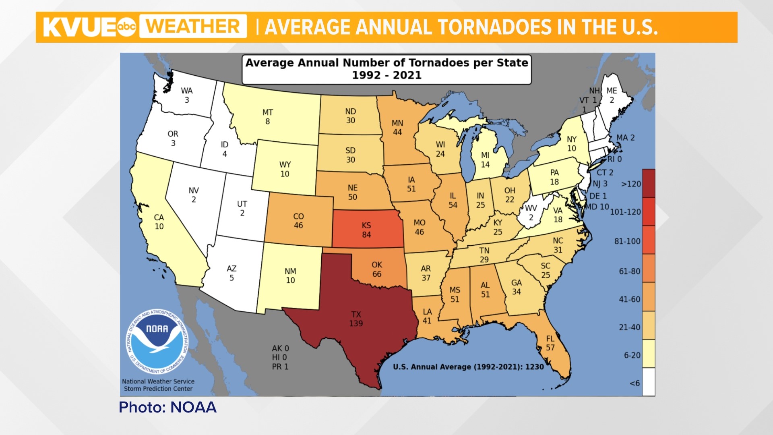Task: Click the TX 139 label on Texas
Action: (356, 319)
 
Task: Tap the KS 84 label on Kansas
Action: (366, 230)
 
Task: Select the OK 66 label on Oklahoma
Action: (376, 269)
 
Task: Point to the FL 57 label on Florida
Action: (550, 343)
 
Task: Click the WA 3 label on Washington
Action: (186, 95)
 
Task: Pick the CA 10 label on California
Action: (159, 222)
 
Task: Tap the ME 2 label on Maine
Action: (612, 95)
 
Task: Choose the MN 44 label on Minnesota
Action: (397, 128)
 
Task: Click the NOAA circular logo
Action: (157, 342)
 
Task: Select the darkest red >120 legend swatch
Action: (648, 183)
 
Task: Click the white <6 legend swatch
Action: (648, 382)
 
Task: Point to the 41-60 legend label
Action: (629, 299)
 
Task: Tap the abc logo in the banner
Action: (126, 27)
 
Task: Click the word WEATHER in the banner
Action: (193, 27)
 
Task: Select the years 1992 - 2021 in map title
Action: (386, 75)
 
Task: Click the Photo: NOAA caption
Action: (167, 407)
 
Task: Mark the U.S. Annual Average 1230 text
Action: (468, 367)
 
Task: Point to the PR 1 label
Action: (280, 367)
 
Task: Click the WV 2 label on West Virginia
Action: (531, 213)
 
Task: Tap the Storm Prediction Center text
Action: (158, 389)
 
